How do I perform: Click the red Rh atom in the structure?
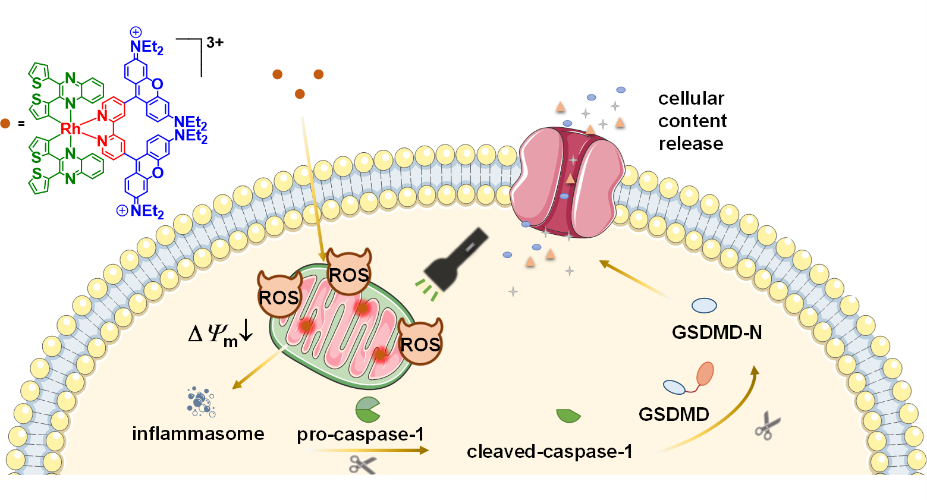coord(70,128)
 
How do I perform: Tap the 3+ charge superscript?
coord(215,42)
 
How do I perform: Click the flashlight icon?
coord(457,260)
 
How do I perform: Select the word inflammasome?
coord(198,433)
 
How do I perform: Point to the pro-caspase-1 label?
coord(360,435)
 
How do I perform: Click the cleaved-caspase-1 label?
coord(549,452)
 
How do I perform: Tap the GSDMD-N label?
coord(717,332)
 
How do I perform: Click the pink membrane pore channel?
coord(568,181)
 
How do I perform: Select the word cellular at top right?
coord(691,98)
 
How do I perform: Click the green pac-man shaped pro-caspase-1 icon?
coord(367,410)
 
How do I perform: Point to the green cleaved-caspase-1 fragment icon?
coord(568,416)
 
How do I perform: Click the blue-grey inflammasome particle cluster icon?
coord(200,402)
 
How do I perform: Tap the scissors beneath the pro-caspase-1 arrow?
coord(362,464)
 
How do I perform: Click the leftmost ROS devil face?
coord(279,295)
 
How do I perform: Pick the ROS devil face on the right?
coord(420,342)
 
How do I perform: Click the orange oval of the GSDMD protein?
coord(705,374)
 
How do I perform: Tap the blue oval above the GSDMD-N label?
coord(704,306)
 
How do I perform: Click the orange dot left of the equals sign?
coord(5,124)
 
